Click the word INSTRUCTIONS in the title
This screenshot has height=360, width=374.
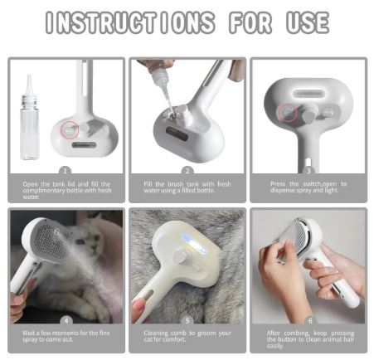coord(130,22)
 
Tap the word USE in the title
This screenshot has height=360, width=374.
coord(308,22)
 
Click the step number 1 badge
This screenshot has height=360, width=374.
coord(66,171)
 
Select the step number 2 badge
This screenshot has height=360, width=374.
coord(187,171)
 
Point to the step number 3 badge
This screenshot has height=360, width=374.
coord(308,171)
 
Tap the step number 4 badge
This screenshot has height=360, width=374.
coord(66,321)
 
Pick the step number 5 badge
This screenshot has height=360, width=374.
coord(187,321)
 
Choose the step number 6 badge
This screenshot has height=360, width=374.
coord(310,321)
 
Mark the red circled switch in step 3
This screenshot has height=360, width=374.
coord(289,112)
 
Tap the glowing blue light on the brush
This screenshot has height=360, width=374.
coord(194,244)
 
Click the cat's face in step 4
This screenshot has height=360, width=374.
coord(88,241)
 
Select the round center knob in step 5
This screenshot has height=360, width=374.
coord(179,258)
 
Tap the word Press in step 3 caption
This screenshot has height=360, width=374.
coord(278,184)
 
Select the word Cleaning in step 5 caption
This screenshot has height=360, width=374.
coord(156,333)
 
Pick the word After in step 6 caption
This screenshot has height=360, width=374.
coord(273,333)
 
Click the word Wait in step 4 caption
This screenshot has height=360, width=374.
coord(28,333)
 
